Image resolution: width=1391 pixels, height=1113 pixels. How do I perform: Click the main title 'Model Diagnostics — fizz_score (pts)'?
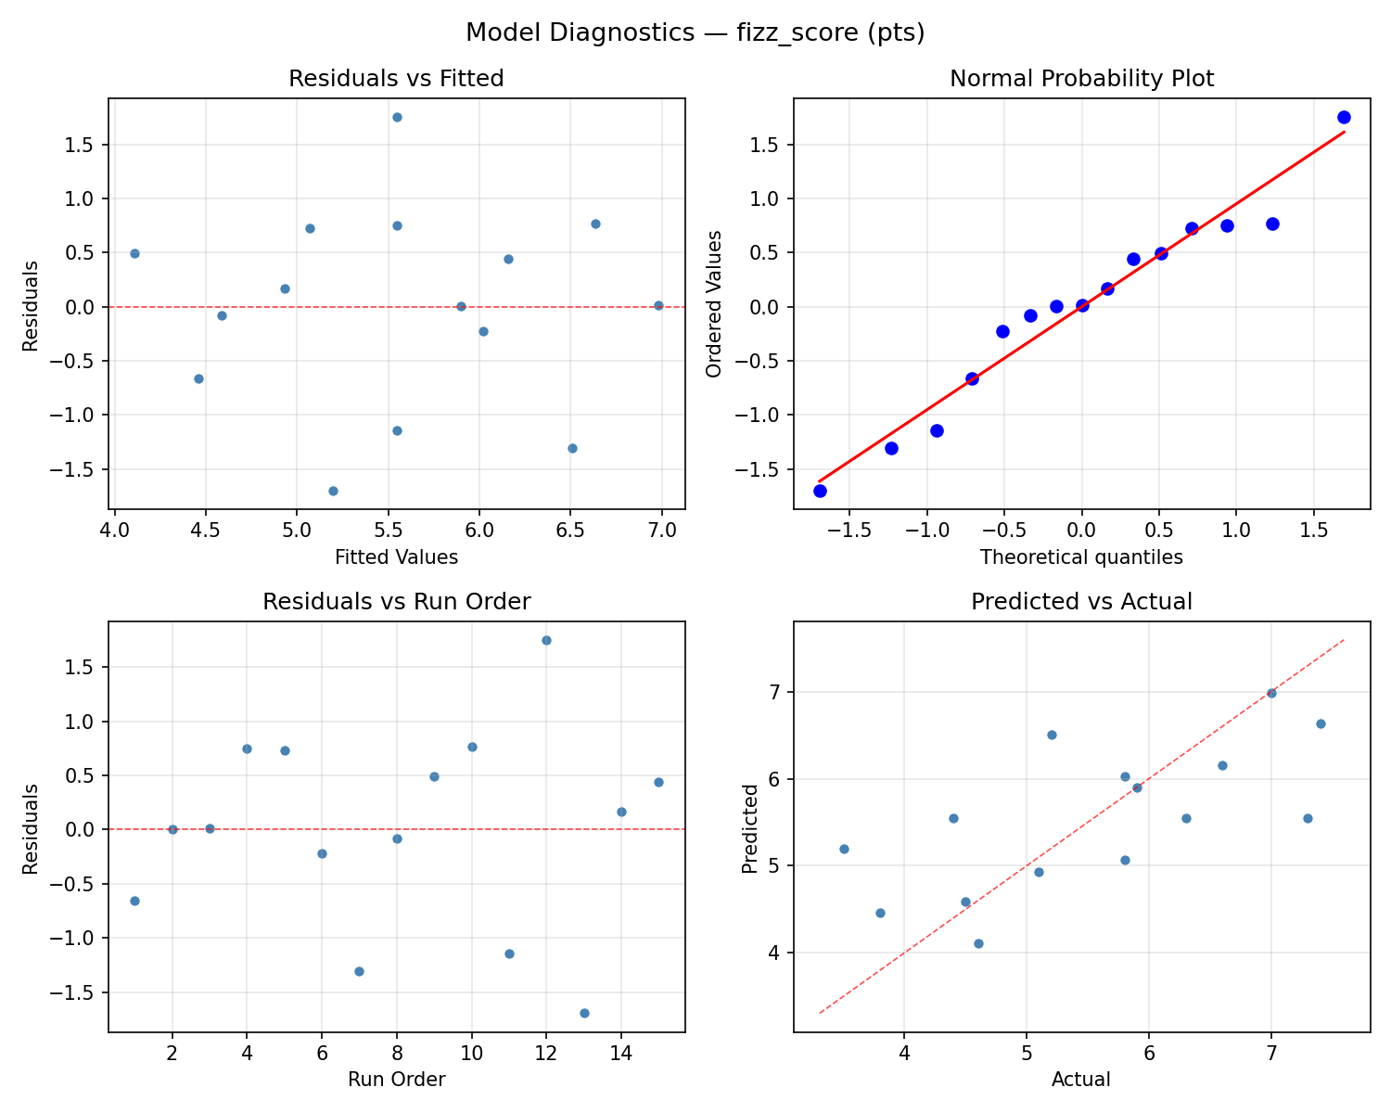695,33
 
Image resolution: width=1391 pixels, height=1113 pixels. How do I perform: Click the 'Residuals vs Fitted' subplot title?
396,79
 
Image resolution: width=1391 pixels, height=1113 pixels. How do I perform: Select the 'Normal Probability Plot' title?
1081,79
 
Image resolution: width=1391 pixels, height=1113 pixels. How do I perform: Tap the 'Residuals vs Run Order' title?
396,602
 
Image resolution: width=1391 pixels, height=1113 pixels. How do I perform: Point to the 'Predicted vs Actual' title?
1081,602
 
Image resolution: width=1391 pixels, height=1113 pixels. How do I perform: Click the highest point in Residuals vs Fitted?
397,117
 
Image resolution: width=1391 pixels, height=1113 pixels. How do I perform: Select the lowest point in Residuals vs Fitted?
333,491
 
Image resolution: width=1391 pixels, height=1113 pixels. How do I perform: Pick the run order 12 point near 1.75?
546,640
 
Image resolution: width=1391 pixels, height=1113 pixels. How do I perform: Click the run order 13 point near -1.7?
584,1013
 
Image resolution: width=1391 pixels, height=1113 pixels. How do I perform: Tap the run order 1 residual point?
134,901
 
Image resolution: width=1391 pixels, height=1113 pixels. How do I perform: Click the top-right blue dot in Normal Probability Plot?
1344,117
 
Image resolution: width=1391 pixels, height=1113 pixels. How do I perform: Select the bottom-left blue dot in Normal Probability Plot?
820,491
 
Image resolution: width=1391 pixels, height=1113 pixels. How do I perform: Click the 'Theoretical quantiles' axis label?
1081,557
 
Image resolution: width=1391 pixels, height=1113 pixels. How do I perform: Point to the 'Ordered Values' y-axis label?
713,304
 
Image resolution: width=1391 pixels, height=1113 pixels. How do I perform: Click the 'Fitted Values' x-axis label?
396,557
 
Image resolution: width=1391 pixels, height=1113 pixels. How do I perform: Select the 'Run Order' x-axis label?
396,1080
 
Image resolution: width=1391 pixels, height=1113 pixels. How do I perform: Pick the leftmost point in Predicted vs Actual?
844,849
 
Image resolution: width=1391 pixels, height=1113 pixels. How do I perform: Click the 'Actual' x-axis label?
1081,1080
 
